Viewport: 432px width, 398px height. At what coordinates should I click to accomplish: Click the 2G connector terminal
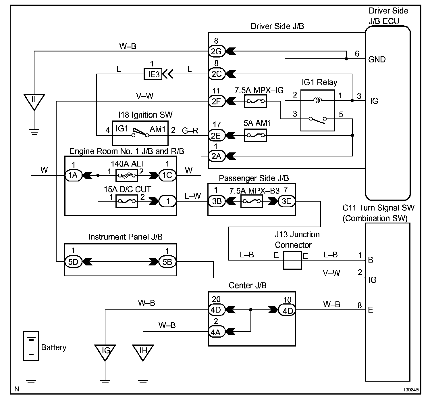pyautogui.click(x=216, y=51)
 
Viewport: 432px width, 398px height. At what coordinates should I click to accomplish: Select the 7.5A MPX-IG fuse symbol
pyautogui.click(x=256, y=101)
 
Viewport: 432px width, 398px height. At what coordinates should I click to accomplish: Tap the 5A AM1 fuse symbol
pyautogui.click(x=256, y=135)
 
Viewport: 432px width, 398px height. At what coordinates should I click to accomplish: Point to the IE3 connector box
pyautogui.click(x=153, y=74)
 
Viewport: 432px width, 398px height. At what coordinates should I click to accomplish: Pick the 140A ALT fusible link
pyautogui.click(x=127, y=175)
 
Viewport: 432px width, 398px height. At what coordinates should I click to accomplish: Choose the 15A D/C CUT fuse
pyautogui.click(x=127, y=201)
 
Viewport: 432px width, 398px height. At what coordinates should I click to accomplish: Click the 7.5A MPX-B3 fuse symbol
pyautogui.click(x=252, y=201)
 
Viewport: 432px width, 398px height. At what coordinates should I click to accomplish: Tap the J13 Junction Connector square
pyautogui.click(x=292, y=260)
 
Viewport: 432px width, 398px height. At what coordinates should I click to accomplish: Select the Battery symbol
pyautogui.click(x=31, y=346)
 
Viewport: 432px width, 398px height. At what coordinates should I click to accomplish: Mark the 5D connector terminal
pyautogui.click(x=73, y=262)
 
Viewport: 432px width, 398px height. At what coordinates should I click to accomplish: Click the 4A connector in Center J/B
pyautogui.click(x=216, y=332)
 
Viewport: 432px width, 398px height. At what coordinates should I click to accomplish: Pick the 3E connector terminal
pyautogui.click(x=286, y=201)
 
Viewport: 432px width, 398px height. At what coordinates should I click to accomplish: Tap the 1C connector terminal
pyautogui.click(x=167, y=175)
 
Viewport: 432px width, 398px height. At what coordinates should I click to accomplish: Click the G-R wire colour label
pyautogui.click(x=190, y=131)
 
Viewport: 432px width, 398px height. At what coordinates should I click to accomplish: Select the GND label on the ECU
pyautogui.click(x=377, y=60)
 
